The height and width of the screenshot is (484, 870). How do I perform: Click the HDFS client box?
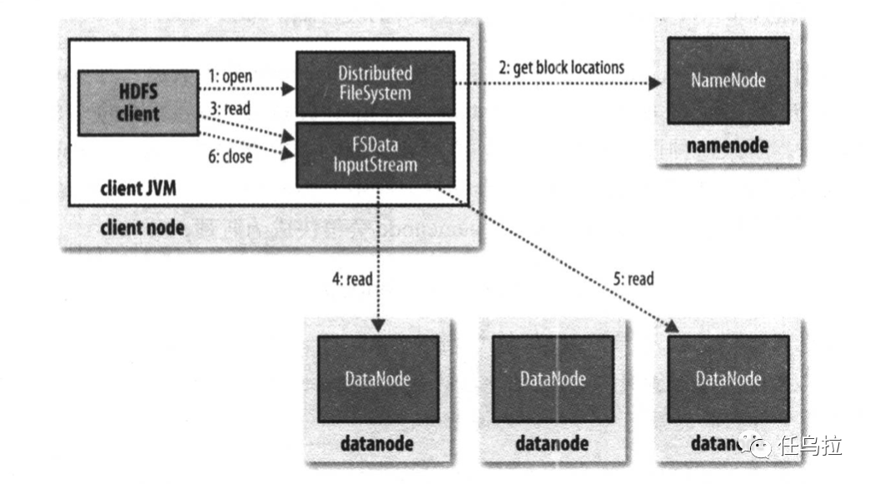(138, 103)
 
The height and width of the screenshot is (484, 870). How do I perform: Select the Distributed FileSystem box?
(375, 83)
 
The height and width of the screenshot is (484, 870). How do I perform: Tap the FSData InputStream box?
(375, 155)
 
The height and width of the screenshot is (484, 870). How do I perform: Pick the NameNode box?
(728, 82)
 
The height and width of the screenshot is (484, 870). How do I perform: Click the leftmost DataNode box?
(377, 379)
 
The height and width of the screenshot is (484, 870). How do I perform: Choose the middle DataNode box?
(553, 379)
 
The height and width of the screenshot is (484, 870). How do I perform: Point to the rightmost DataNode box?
(728, 379)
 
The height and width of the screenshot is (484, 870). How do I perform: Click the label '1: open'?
(230, 76)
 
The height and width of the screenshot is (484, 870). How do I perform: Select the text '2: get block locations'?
(561, 67)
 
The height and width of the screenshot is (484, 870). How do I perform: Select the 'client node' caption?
(142, 227)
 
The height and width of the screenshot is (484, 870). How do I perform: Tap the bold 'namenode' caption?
(728, 147)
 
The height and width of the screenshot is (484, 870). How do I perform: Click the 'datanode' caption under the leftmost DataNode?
(377, 442)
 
